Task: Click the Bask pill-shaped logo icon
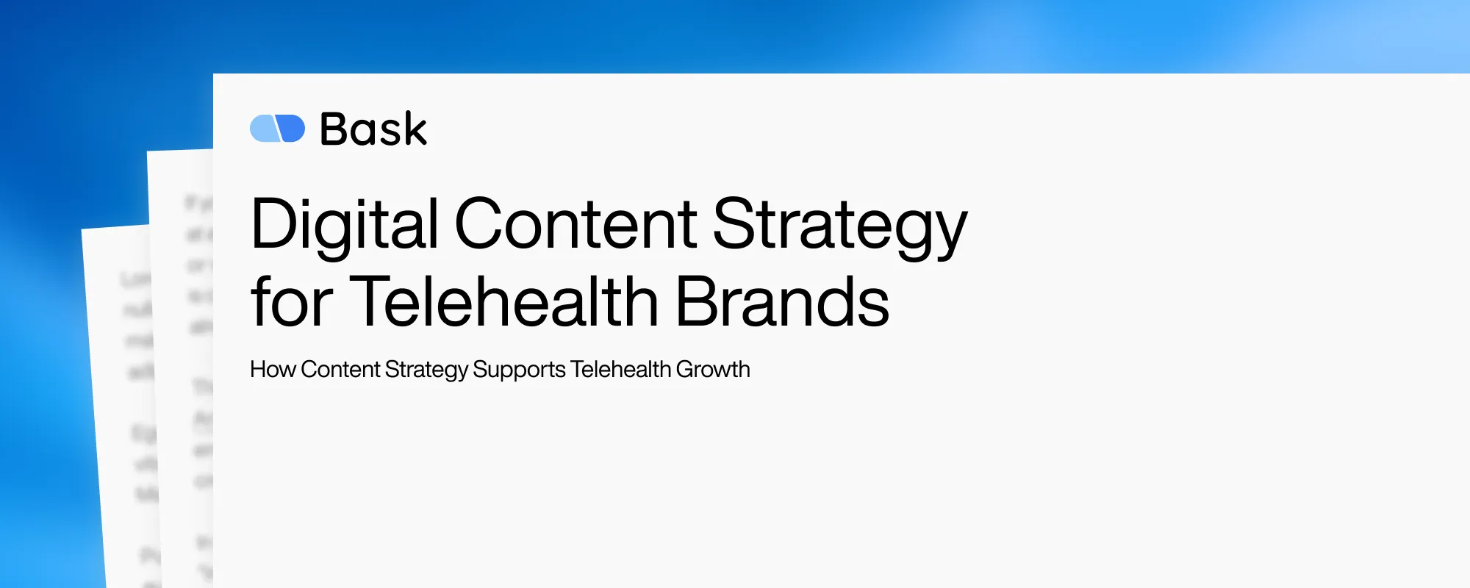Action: [277, 129]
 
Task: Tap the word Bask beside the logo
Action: [373, 129]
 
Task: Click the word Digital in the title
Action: [344, 224]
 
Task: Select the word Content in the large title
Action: [576, 224]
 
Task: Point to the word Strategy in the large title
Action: [839, 224]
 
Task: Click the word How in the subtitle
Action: [272, 369]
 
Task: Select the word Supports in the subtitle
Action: [519, 370]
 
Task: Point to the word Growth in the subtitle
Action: [713, 369]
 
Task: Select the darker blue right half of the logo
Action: [292, 129]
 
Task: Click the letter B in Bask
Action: [334, 129]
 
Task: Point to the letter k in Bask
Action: [415, 129]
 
